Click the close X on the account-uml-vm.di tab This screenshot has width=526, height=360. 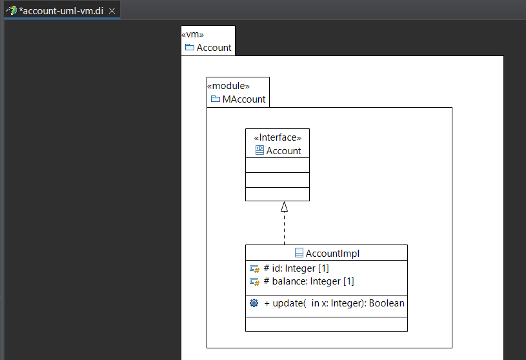[x=112, y=11]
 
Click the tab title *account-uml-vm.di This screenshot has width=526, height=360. [x=61, y=11]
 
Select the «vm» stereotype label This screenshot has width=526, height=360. [x=192, y=35]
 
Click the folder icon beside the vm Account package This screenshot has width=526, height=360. [x=190, y=47]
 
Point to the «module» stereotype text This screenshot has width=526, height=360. [x=228, y=86]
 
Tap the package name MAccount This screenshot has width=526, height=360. [x=244, y=99]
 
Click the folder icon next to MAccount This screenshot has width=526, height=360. [x=216, y=99]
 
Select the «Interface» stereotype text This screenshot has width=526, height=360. [x=278, y=137]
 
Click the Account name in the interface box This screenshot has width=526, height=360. [x=283, y=151]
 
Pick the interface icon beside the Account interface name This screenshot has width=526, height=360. [x=259, y=150]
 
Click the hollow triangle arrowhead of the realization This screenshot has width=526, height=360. [x=284, y=206]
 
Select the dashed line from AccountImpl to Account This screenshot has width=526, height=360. [x=284, y=228]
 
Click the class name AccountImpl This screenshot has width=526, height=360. [x=332, y=254]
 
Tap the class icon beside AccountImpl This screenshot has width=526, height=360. [x=299, y=253]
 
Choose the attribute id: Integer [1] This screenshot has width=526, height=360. [x=296, y=268]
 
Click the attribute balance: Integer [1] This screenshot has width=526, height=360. [x=309, y=281]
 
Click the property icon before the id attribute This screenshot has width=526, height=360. [x=255, y=269]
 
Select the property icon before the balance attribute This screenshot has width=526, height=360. [x=255, y=282]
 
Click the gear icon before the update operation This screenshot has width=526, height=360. [x=254, y=303]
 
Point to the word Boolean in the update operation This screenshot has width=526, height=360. [x=387, y=303]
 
